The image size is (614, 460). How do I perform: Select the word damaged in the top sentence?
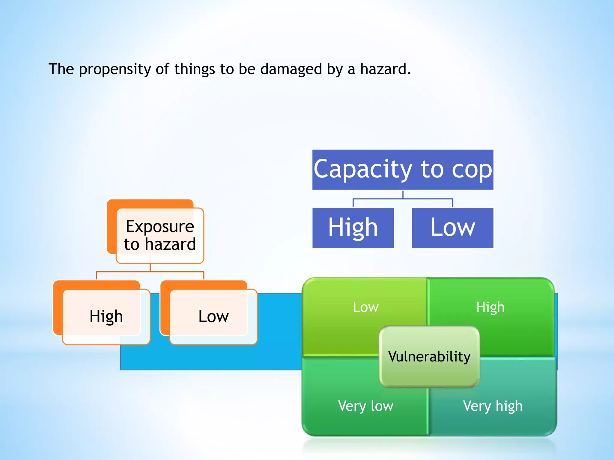tap(291, 69)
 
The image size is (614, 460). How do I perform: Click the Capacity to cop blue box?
tap(403, 170)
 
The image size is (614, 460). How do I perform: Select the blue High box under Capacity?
tap(353, 228)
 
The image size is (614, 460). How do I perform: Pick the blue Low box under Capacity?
tap(452, 228)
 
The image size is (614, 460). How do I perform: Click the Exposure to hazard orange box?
tap(160, 235)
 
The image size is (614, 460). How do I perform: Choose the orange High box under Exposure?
tap(106, 317)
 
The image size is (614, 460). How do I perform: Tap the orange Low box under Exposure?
tap(213, 317)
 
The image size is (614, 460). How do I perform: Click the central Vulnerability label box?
tap(429, 356)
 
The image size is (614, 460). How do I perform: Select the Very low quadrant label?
tap(365, 406)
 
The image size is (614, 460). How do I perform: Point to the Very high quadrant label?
tap(493, 406)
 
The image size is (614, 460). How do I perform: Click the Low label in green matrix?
tap(365, 307)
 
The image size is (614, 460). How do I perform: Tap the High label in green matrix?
tap(490, 307)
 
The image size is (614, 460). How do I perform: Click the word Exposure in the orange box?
tap(160, 226)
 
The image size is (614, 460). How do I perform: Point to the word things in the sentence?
tap(195, 69)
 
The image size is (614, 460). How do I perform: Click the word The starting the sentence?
tap(61, 69)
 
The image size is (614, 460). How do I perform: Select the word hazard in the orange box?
tap(170, 244)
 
